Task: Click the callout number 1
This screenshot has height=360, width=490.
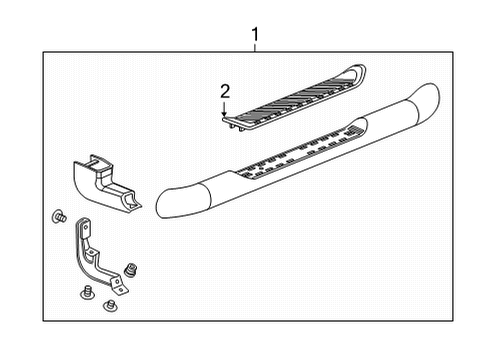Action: (x=254, y=37)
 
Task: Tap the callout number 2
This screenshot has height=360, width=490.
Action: (x=225, y=91)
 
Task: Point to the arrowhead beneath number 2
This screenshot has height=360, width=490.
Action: (x=225, y=113)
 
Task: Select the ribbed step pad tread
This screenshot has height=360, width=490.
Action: (x=295, y=97)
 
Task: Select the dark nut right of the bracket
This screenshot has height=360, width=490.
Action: (x=133, y=268)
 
